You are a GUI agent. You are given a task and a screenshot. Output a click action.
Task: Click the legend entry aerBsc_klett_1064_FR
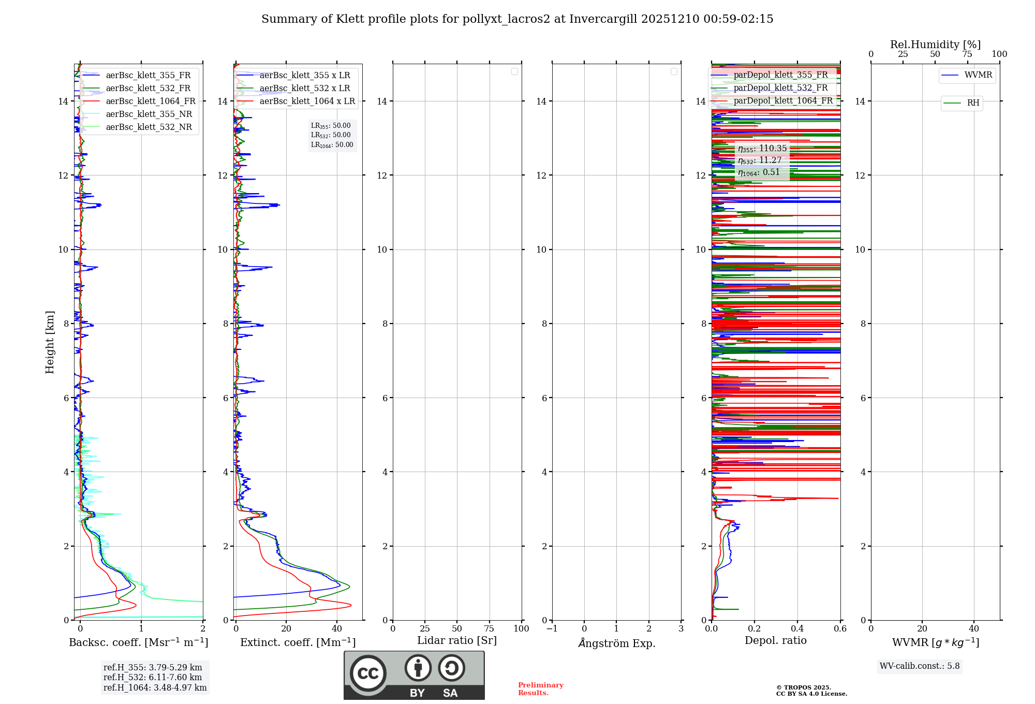point(151,101)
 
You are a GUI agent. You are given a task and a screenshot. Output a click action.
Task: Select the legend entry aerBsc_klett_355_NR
point(149,114)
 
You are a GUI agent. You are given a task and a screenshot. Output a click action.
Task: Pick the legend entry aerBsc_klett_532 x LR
point(305,89)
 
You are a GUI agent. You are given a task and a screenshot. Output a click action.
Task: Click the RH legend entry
point(973,103)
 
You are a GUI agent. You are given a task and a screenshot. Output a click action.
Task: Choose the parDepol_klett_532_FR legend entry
point(780,88)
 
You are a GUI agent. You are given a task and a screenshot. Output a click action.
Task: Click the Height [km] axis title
point(50,342)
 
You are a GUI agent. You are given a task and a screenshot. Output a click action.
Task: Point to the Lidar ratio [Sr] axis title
point(457,641)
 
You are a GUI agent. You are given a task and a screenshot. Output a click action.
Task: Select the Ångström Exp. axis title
point(616,643)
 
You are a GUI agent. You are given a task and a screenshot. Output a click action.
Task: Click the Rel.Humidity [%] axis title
point(935,45)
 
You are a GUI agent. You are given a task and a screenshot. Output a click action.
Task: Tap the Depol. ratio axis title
point(775,641)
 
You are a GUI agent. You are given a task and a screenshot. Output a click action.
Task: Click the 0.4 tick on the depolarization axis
point(797,629)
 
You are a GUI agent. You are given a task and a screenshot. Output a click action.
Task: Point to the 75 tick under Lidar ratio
point(489,629)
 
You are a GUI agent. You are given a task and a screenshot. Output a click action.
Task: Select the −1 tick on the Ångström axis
point(552,629)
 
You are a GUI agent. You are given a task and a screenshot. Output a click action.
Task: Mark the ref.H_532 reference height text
point(153,678)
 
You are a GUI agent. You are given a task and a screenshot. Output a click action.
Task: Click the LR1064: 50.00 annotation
point(332,145)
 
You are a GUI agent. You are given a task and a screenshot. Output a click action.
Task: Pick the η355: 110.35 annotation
point(762,149)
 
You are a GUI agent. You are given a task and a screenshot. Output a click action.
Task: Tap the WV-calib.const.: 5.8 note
point(920,666)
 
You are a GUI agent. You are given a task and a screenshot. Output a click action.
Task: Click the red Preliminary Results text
point(540,689)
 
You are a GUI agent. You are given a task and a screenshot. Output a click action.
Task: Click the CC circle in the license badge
point(368,673)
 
